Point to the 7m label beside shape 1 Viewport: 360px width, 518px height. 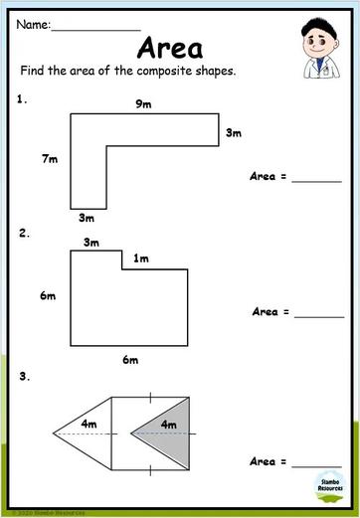coord(50,158)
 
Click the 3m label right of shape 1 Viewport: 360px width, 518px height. coord(235,132)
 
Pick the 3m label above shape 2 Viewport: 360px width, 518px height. coord(91,242)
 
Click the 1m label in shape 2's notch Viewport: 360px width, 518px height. coord(141,259)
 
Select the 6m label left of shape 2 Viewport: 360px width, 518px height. coord(48,296)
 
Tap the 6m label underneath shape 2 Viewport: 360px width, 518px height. coord(129,360)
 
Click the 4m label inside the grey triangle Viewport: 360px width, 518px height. coord(168,425)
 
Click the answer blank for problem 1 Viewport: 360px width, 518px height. coord(315,180)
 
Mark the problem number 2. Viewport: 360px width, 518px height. coord(22,234)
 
